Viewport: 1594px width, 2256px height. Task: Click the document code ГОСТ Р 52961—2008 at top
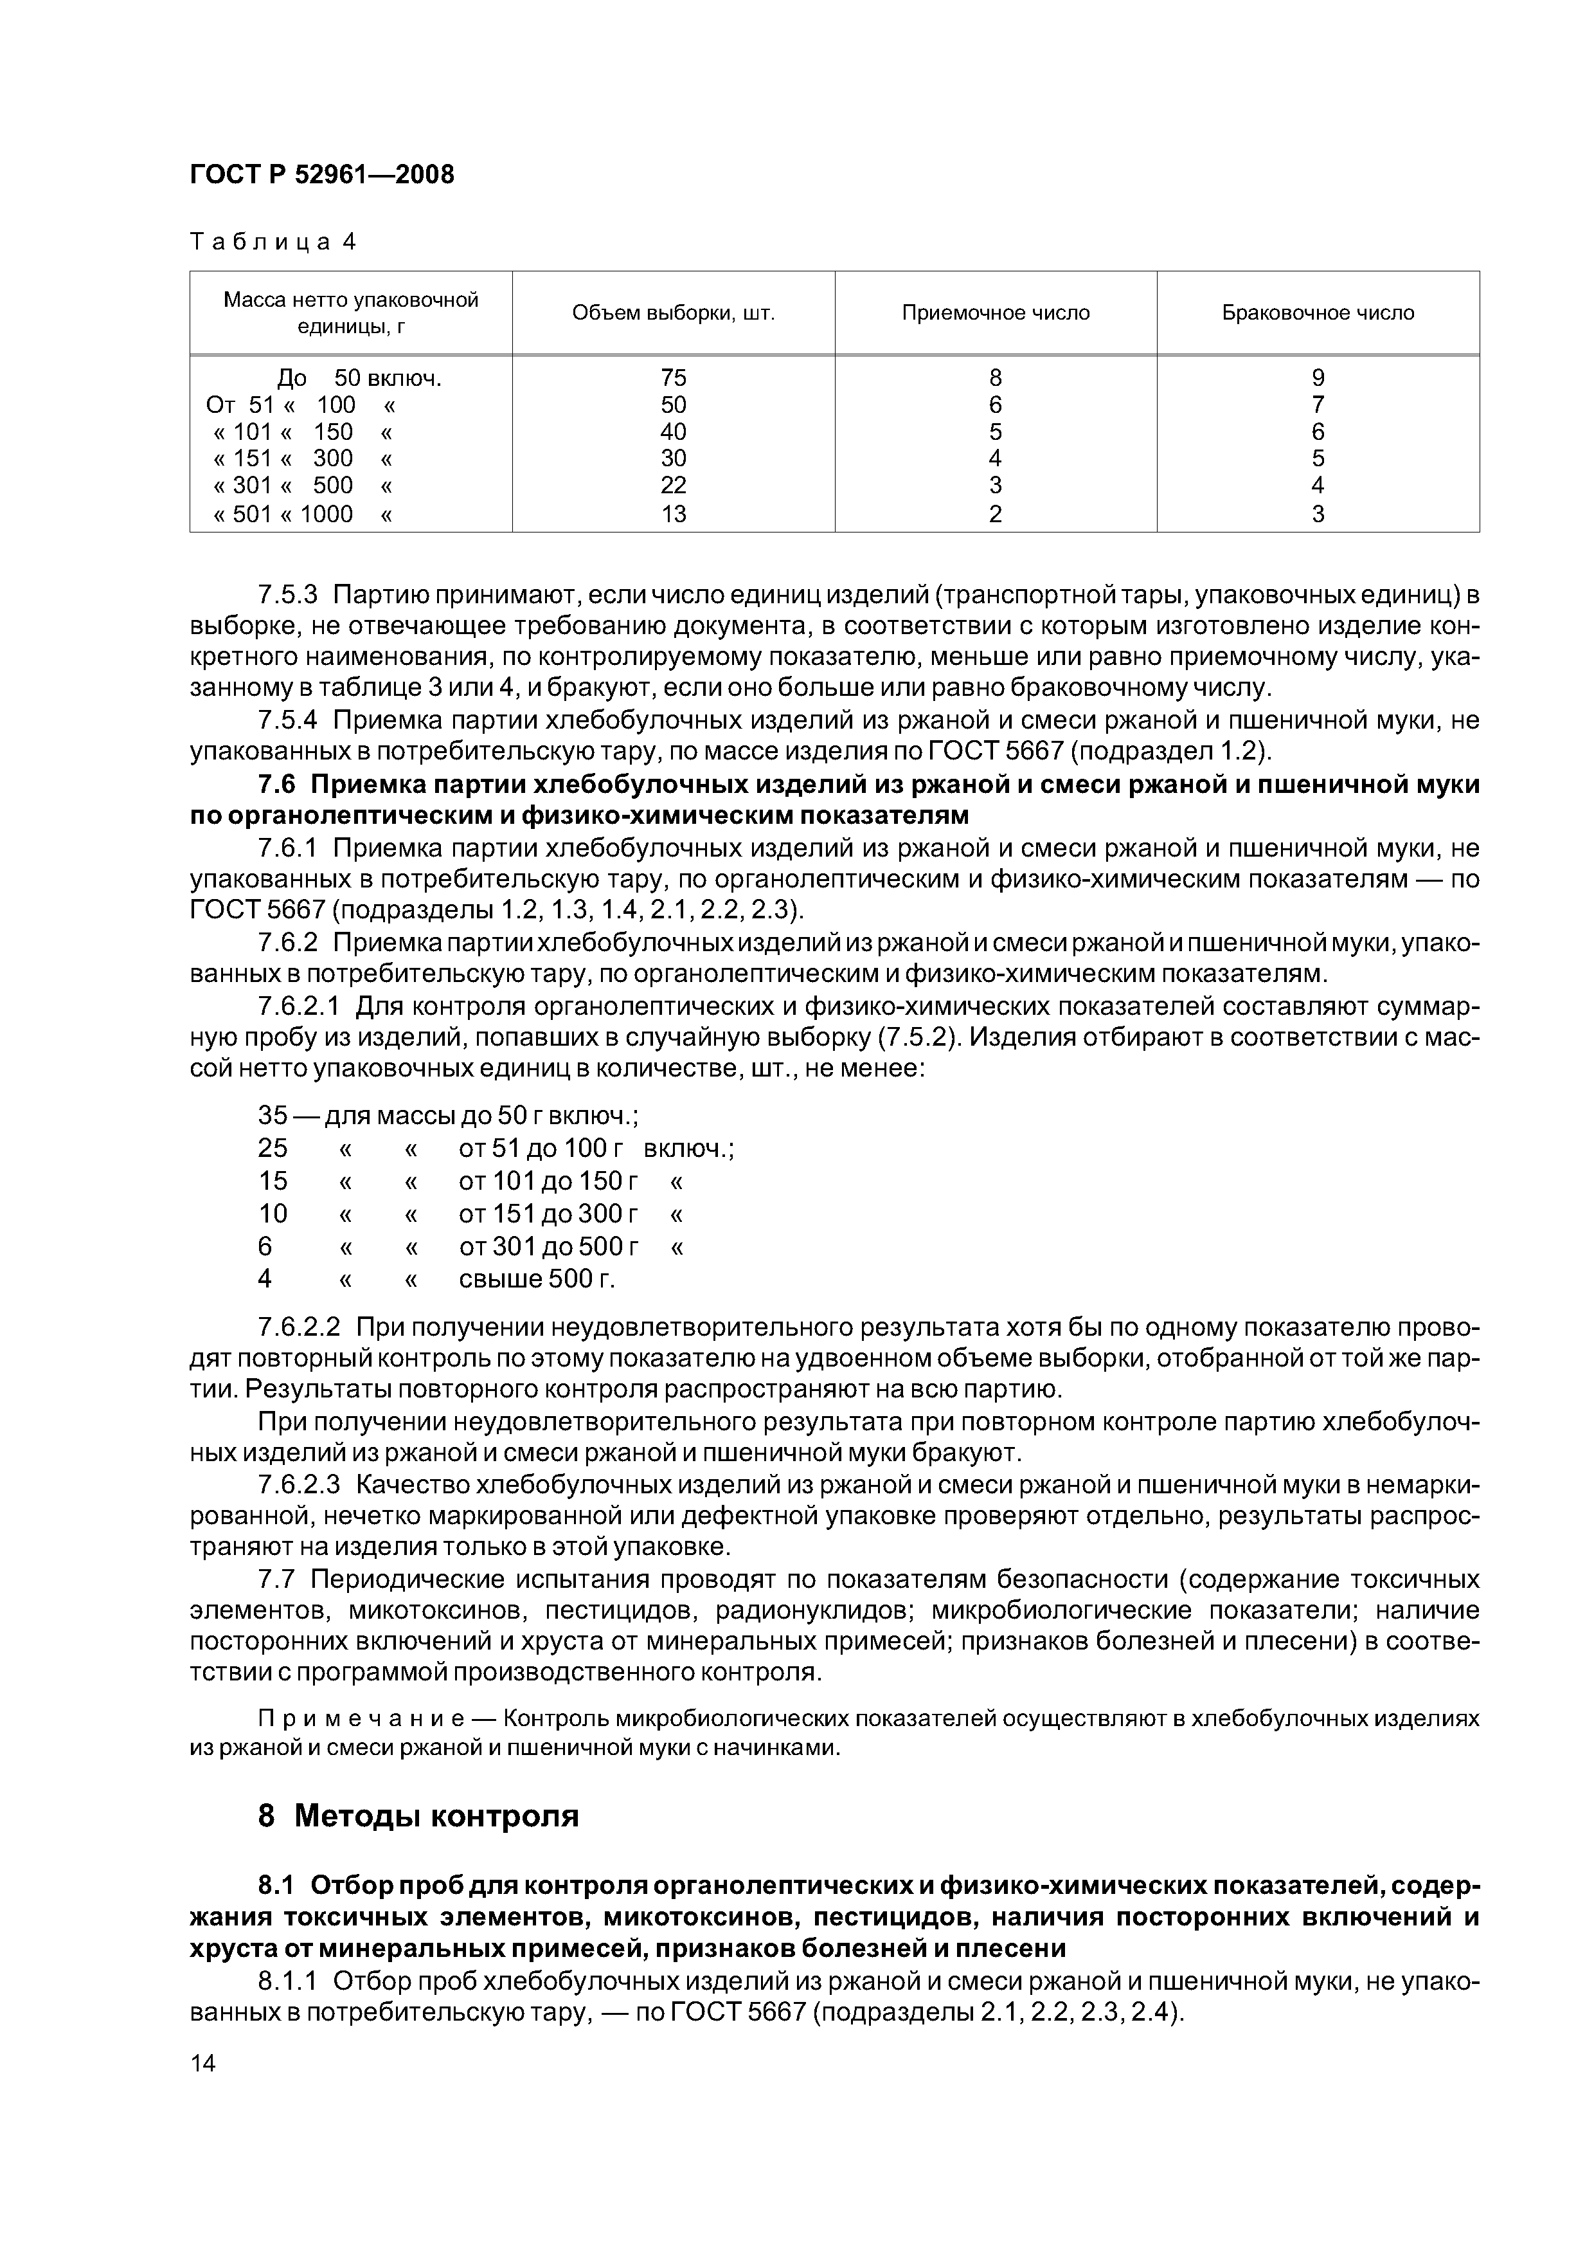pyautogui.click(x=322, y=175)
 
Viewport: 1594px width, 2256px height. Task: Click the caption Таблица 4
pyautogui.click(x=272, y=242)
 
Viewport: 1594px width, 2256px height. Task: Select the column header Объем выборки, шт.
pyautogui.click(x=673, y=313)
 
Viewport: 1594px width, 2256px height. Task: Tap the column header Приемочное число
pyautogui.click(x=995, y=313)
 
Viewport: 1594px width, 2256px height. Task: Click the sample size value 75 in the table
pyautogui.click(x=673, y=378)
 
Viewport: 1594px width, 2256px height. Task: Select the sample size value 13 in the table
pyautogui.click(x=673, y=514)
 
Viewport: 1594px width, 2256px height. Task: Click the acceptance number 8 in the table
pyautogui.click(x=995, y=378)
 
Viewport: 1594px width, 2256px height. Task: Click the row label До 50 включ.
pyautogui.click(x=359, y=378)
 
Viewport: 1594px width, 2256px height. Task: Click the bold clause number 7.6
pyautogui.click(x=277, y=785)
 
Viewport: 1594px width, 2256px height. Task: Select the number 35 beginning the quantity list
pyautogui.click(x=273, y=1115)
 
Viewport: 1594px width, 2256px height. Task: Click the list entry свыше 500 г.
pyautogui.click(x=537, y=1279)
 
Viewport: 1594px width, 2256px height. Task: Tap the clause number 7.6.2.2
pyautogui.click(x=299, y=1327)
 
